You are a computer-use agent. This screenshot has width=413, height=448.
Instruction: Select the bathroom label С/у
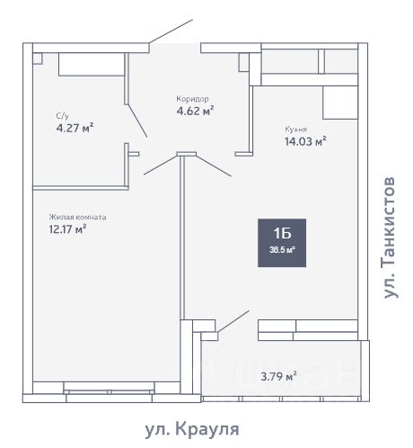63,115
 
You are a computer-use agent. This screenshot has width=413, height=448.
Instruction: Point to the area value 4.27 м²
75,128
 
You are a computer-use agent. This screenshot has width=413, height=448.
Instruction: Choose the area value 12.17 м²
68,229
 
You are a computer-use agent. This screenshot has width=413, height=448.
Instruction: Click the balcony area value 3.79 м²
277,377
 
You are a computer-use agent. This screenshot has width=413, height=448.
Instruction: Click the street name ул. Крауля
191,429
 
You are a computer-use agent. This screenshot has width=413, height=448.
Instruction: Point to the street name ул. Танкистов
390,237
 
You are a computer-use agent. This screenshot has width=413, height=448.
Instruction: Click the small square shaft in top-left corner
37,57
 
